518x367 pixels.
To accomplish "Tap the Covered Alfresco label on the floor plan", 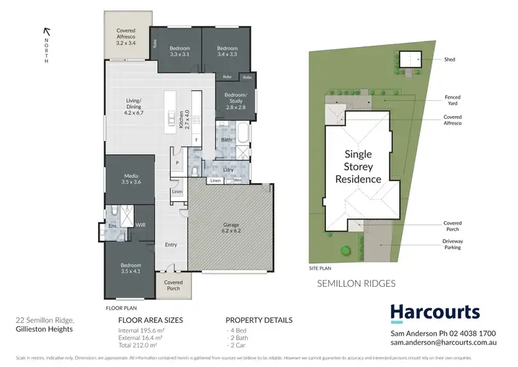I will [126, 37].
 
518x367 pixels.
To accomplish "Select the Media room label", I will [131, 179].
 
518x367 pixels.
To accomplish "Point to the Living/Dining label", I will [133, 104].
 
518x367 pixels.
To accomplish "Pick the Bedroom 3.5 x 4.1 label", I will [131, 268].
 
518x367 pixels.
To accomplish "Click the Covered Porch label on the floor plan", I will [173, 285].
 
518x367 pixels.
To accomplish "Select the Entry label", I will [171, 245].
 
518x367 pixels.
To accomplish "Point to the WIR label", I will [140, 225].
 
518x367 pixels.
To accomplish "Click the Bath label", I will [226, 140].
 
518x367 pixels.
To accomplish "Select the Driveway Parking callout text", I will [452, 244].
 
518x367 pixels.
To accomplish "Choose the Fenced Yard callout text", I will [452, 100].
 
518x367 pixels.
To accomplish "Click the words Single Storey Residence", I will [358, 167].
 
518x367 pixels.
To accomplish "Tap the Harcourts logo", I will [434, 313].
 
